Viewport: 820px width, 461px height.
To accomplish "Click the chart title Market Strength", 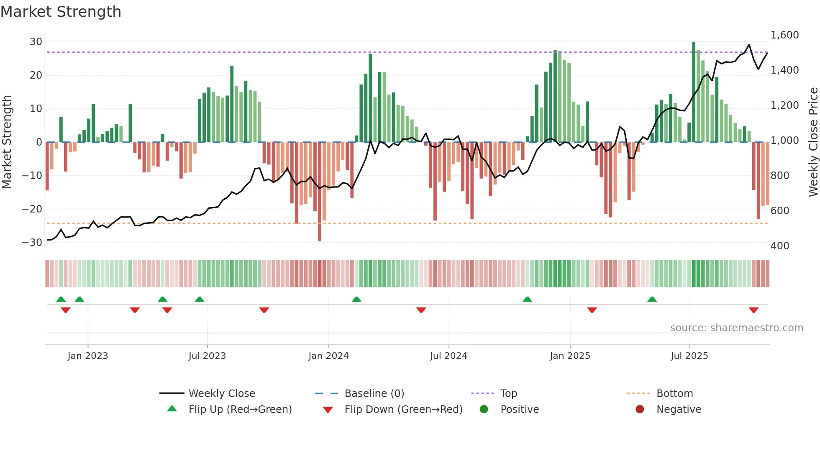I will tap(61, 12).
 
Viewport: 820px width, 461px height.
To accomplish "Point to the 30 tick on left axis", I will tap(36, 42).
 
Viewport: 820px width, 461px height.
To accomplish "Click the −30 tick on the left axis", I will tap(32, 243).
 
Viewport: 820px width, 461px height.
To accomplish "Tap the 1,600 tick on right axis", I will tap(784, 35).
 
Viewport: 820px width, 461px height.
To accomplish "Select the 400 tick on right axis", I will tap(780, 246).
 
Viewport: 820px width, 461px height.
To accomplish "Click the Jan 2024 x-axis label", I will tap(328, 356).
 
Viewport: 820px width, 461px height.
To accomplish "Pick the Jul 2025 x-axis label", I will tap(689, 356).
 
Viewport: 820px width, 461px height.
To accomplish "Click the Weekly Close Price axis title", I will tap(813, 142).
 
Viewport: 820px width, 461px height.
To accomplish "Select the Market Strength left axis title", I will tap(7, 142).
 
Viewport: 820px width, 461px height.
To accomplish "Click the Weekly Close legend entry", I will tap(221, 394).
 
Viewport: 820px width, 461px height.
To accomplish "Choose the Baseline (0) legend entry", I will tap(374, 394).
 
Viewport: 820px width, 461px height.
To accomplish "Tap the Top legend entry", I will tap(508, 394).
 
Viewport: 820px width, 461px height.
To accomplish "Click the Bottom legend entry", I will tap(674, 394).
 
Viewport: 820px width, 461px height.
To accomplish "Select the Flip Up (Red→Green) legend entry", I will tap(240, 410).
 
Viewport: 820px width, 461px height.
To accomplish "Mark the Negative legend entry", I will tap(678, 410).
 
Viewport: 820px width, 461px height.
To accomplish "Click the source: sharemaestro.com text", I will tap(736, 328).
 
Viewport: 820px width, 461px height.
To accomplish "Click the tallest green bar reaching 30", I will tap(694, 92).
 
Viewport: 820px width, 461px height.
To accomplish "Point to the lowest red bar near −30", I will tap(320, 192).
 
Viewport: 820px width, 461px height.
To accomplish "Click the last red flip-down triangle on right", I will tap(753, 310).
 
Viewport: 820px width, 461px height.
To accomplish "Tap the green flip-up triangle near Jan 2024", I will tap(356, 299).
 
